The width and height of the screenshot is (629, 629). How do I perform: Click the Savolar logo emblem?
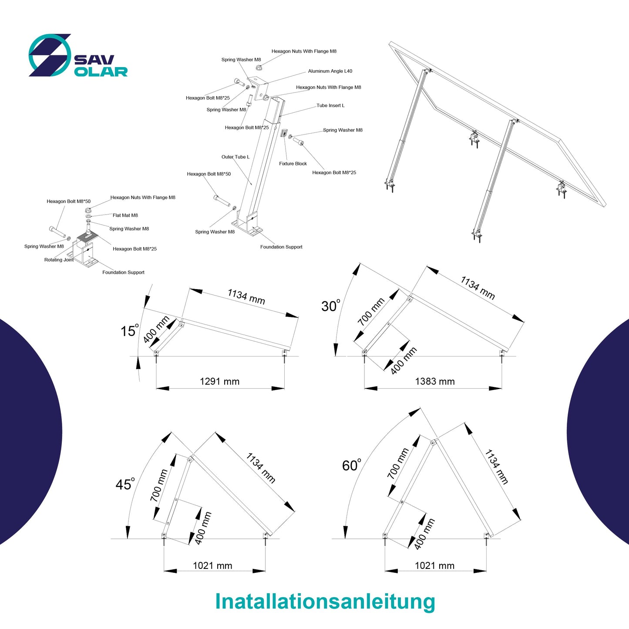tap(50, 55)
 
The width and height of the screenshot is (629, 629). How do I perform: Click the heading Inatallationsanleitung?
tap(325, 601)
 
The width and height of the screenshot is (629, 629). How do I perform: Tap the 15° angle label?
tap(129, 331)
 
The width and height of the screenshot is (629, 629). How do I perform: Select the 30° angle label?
tap(330, 306)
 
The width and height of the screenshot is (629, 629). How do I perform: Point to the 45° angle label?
tap(124, 484)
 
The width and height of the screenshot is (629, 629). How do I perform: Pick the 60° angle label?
tap(351, 465)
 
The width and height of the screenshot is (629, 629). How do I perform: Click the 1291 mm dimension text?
tap(219, 382)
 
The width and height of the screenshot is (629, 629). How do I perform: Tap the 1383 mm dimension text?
tap(434, 382)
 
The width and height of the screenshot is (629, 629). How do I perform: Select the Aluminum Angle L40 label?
tap(330, 71)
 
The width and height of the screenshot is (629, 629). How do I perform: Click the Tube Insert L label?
tap(330, 106)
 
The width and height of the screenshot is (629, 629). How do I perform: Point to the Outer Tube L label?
tap(235, 157)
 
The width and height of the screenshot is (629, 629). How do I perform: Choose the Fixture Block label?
tap(293, 164)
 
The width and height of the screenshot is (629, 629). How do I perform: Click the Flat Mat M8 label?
tap(125, 215)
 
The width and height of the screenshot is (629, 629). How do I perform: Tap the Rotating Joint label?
tap(59, 260)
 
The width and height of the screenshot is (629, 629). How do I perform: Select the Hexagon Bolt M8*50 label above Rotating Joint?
tap(69, 202)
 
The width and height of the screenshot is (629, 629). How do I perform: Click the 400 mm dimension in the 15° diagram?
tap(156, 330)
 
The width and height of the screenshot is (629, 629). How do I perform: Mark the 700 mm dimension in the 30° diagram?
tap(371, 312)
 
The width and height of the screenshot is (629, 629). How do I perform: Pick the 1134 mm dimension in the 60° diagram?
tap(496, 467)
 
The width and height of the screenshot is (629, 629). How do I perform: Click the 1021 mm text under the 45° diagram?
tap(212, 566)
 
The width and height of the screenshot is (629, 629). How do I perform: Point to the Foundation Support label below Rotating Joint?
tap(123, 272)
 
